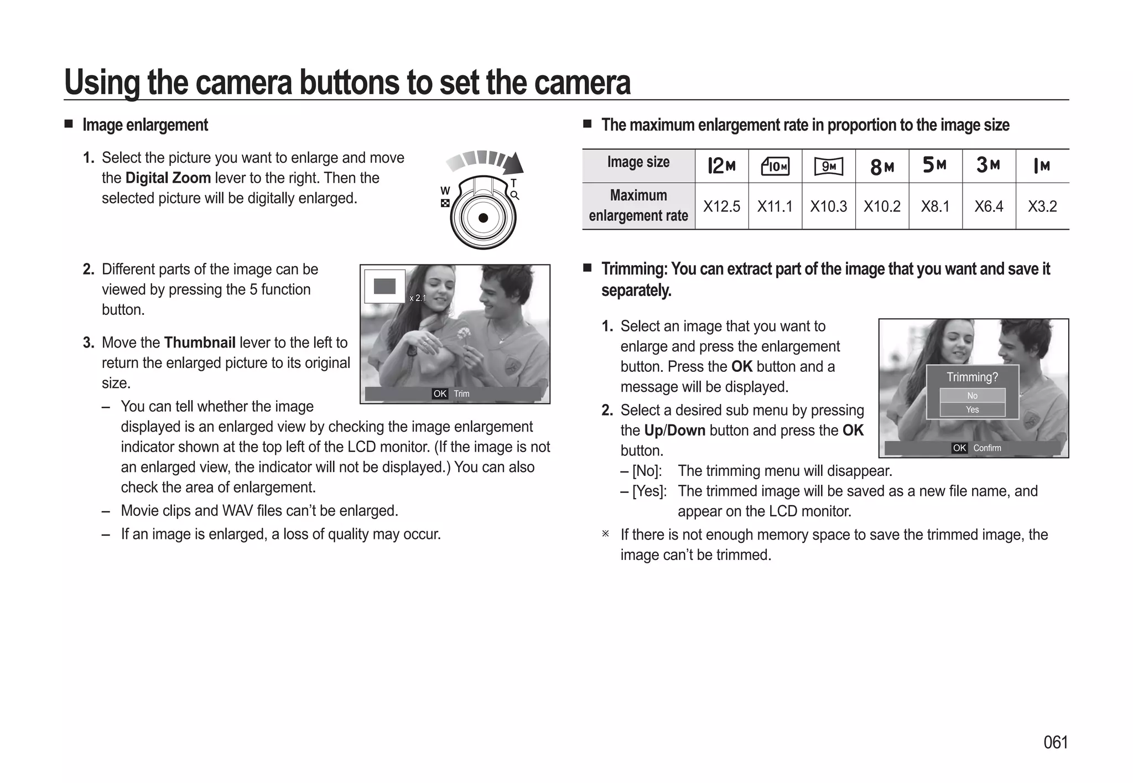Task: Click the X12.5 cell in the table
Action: point(721,206)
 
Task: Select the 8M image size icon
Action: point(882,166)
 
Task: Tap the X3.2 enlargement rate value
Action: point(1042,206)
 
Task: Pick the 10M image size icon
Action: point(775,166)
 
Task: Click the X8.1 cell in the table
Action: point(935,206)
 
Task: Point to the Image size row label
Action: point(638,162)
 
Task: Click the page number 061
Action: point(1055,742)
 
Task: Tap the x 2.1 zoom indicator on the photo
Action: point(418,298)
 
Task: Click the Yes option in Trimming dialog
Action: point(972,409)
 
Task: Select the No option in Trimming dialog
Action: point(972,396)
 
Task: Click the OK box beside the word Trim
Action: point(440,393)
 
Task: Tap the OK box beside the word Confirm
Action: point(959,448)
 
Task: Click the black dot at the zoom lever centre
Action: point(483,218)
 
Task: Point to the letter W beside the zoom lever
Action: point(445,190)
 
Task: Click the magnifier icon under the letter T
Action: point(514,195)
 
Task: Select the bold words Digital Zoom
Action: point(168,178)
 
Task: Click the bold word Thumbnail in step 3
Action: point(200,343)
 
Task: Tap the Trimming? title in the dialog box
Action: point(972,377)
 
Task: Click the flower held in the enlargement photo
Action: point(464,334)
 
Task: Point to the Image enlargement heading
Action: point(145,125)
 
